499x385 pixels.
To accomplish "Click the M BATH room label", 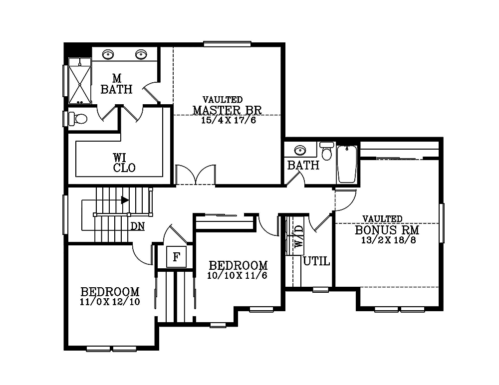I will (x=116, y=84).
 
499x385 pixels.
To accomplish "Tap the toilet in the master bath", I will (x=77, y=119).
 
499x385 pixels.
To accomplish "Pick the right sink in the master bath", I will (x=141, y=54).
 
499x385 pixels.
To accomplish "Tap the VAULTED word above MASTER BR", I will (x=223, y=100).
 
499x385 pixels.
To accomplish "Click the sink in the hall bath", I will (x=299, y=150).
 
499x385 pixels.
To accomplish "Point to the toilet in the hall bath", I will (x=327, y=151).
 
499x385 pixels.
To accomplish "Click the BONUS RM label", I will (x=387, y=230).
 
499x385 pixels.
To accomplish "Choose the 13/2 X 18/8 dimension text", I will (x=388, y=240).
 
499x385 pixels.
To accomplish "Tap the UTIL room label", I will (x=316, y=261).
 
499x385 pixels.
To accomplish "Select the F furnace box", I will (x=176, y=257).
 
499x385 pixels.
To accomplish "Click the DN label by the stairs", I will (x=138, y=226).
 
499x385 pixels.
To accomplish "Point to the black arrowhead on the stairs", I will (x=125, y=200).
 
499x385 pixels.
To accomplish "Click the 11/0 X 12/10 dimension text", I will (x=109, y=302).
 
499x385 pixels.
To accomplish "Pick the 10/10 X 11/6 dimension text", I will (x=238, y=275).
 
